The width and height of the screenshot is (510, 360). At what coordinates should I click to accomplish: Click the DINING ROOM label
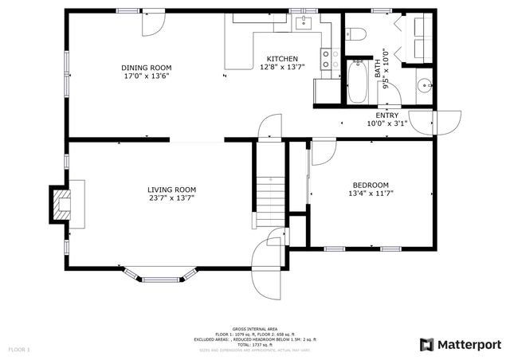(146, 68)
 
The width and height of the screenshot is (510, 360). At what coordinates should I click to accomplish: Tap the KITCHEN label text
(282, 59)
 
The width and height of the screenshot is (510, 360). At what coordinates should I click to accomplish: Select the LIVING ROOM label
(171, 190)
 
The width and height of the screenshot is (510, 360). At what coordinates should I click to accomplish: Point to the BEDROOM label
(371, 184)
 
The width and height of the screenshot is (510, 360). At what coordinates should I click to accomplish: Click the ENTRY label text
(387, 115)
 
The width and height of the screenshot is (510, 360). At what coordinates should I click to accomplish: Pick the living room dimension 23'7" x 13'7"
(171, 198)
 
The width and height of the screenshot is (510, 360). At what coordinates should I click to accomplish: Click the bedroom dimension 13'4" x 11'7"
(371, 193)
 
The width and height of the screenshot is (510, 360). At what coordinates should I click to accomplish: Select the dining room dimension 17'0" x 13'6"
(146, 77)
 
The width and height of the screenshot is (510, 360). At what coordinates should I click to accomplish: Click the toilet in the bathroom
(356, 33)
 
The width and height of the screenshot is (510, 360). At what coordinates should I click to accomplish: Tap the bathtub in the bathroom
(358, 84)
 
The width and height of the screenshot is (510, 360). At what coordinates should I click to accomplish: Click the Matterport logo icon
(426, 344)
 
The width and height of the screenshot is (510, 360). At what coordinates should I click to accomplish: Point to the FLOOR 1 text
(19, 349)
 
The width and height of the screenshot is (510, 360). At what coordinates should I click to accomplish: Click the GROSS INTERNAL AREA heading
(254, 329)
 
